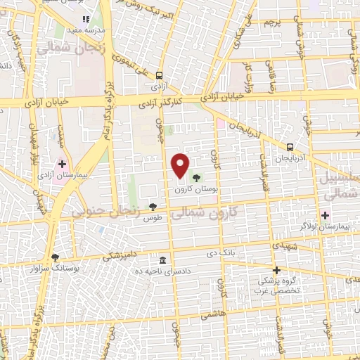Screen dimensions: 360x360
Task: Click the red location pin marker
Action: tap(181, 165)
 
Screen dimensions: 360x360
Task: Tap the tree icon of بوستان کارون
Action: tap(195, 178)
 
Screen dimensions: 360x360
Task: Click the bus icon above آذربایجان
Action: tap(290, 147)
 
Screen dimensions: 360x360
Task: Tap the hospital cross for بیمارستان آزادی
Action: tap(62, 163)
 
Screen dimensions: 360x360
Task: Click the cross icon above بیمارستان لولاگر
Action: tap(325, 215)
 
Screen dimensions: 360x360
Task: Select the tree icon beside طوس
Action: tap(153, 206)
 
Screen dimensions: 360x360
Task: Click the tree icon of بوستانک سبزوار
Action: tap(56, 257)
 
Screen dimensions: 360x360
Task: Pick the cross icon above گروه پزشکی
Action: tap(276, 270)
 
